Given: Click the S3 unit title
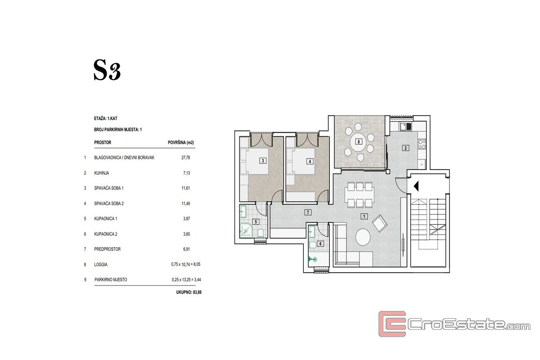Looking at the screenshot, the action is pyautogui.click(x=107, y=70).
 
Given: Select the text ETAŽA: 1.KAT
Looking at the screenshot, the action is pyautogui.click(x=106, y=118).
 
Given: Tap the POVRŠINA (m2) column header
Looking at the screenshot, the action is pyautogui.click(x=181, y=143).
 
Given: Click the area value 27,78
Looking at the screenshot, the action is pyautogui.click(x=185, y=157).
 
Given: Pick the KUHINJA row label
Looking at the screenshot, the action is pyautogui.click(x=102, y=173).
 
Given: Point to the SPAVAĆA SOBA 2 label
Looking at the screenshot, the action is pyautogui.click(x=109, y=203).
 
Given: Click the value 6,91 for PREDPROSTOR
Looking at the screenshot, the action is pyautogui.click(x=186, y=249).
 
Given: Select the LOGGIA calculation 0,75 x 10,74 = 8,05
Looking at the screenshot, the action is pyautogui.click(x=185, y=264).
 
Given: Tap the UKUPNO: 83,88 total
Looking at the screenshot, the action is pyautogui.click(x=189, y=292).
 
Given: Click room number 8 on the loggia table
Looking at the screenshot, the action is pyautogui.click(x=359, y=142).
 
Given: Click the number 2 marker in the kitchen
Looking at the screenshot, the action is pyautogui.click(x=405, y=148).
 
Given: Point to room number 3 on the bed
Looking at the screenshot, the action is pyautogui.click(x=263, y=161).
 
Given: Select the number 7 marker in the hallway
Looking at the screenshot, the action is pyautogui.click(x=308, y=212).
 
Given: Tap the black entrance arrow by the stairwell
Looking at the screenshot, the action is pyautogui.click(x=416, y=186).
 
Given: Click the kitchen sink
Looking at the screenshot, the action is pyautogui.click(x=406, y=126).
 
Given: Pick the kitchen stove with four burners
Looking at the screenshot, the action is pyautogui.click(x=422, y=144).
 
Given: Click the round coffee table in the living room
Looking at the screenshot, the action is pyautogui.click(x=363, y=237).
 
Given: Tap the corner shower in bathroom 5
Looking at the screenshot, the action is pyautogui.click(x=246, y=230).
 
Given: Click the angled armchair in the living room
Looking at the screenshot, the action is pyautogui.click(x=379, y=223).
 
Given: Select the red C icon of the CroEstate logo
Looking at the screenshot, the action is pyautogui.click(x=392, y=324).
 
